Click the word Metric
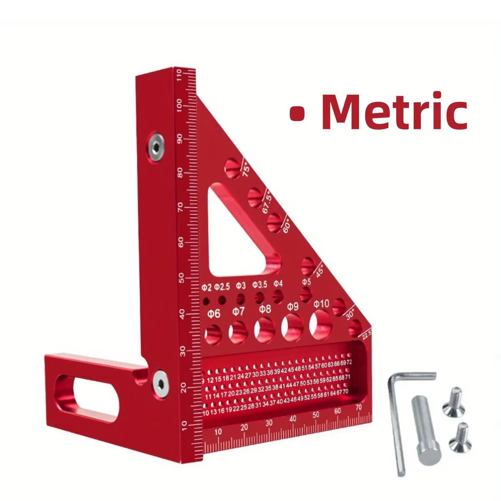click(x=395, y=111)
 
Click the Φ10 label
click(x=321, y=304)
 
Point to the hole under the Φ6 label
click(x=214, y=334)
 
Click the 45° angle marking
click(x=320, y=270)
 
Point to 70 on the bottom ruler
click(x=358, y=408)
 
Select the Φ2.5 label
click(x=222, y=287)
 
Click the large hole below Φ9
click(x=292, y=326)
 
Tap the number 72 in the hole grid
click(x=349, y=362)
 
